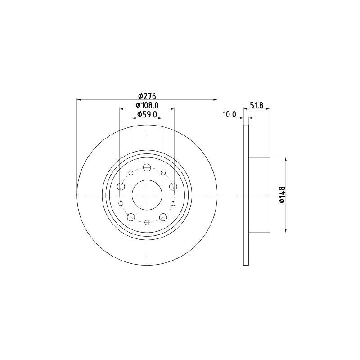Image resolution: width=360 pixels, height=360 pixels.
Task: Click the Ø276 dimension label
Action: pos(147,95)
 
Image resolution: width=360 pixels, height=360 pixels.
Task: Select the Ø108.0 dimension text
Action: pos(147,105)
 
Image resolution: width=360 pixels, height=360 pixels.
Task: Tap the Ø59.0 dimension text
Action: pos(147,114)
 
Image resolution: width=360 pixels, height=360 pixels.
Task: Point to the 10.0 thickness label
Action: pos(229,115)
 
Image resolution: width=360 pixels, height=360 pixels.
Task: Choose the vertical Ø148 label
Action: pos(282,195)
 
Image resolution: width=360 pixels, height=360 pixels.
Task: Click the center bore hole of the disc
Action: pos(147,195)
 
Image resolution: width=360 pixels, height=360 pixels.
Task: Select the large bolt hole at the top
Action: pos(147,167)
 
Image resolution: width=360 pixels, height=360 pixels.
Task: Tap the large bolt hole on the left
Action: pos(121,186)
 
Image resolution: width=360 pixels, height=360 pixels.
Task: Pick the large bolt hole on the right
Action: pos(173,186)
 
